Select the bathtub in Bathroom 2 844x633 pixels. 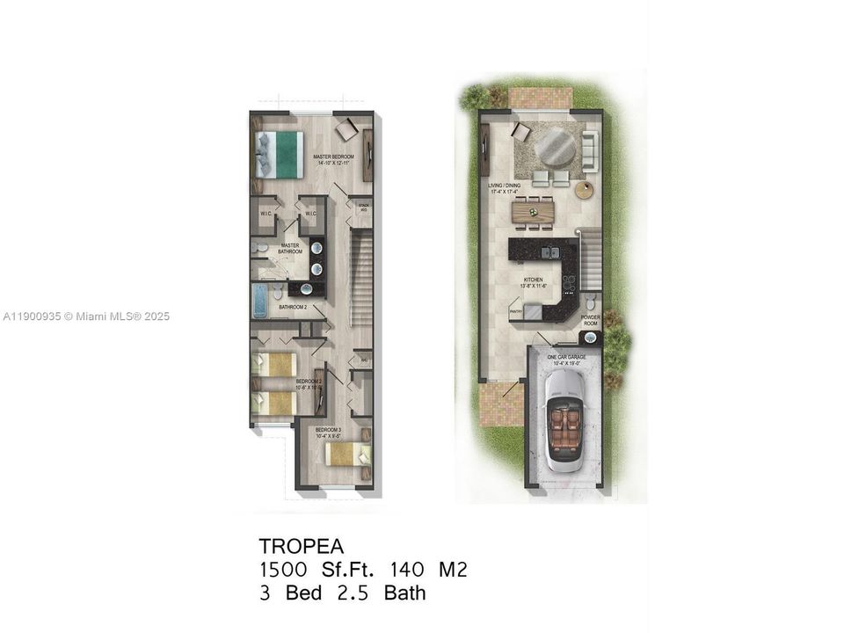click(261, 300)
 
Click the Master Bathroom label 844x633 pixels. click(291, 249)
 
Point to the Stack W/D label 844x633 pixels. click(363, 208)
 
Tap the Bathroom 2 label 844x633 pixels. click(293, 308)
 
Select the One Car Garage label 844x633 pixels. click(565, 359)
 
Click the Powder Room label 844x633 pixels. click(590, 320)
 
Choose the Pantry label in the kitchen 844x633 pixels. click(516, 310)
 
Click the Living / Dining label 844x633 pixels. click(506, 189)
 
